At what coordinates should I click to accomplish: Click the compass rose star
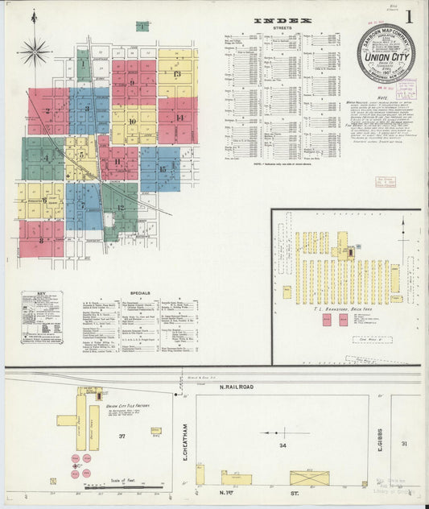[x=34, y=52]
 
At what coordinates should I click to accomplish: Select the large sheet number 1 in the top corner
[x=410, y=16]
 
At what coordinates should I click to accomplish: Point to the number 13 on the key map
[x=177, y=73]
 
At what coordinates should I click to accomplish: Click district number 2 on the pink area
[x=47, y=111]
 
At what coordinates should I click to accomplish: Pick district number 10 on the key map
[x=132, y=121]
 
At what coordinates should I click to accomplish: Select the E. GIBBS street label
[x=378, y=441]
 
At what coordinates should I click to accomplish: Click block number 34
[x=282, y=445]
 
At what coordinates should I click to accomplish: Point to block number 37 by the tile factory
[x=122, y=436]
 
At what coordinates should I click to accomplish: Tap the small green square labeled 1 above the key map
[x=142, y=26]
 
